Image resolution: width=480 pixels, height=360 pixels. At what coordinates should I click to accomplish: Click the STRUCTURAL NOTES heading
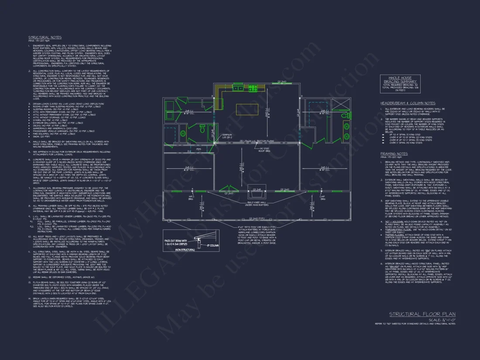point(45,38)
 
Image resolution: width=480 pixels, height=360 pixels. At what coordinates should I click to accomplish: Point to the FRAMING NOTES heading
point(394,154)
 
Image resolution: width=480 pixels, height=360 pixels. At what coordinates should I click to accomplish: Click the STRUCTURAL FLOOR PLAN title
point(422,314)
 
